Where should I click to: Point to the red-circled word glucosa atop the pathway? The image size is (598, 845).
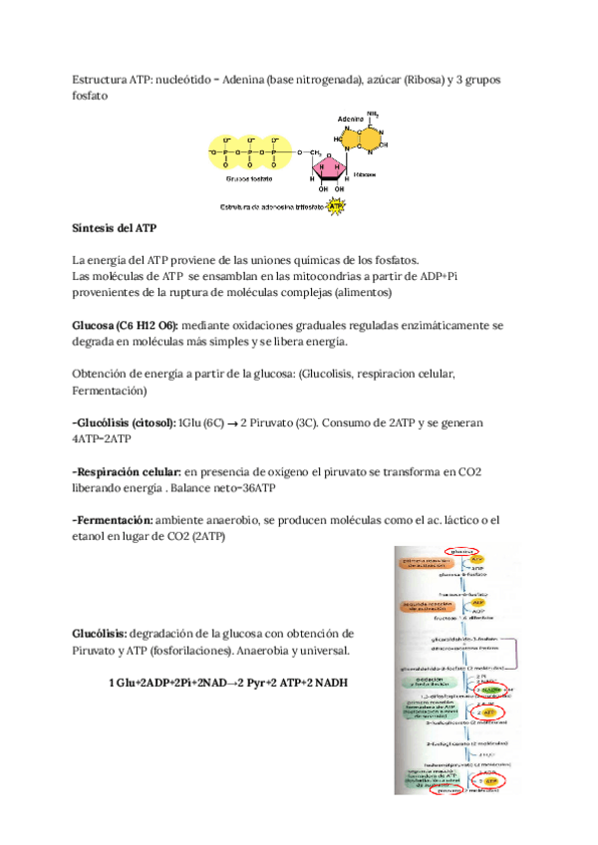[x=460, y=550]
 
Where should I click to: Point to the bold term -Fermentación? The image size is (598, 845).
[x=113, y=520]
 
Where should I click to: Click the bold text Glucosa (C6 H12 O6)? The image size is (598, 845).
[x=125, y=326]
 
